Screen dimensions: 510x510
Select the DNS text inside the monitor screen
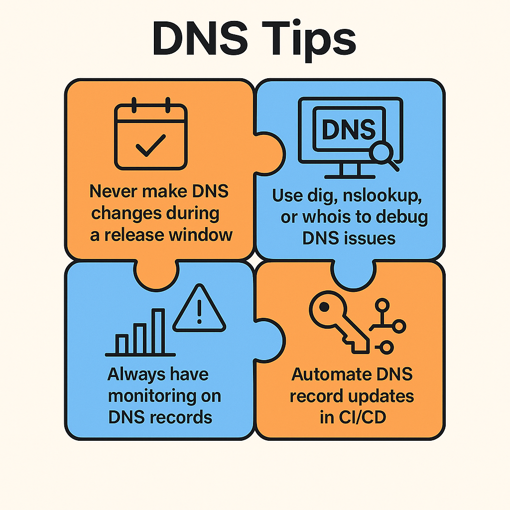click(348, 129)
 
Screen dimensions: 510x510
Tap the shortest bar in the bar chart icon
click(122, 343)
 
